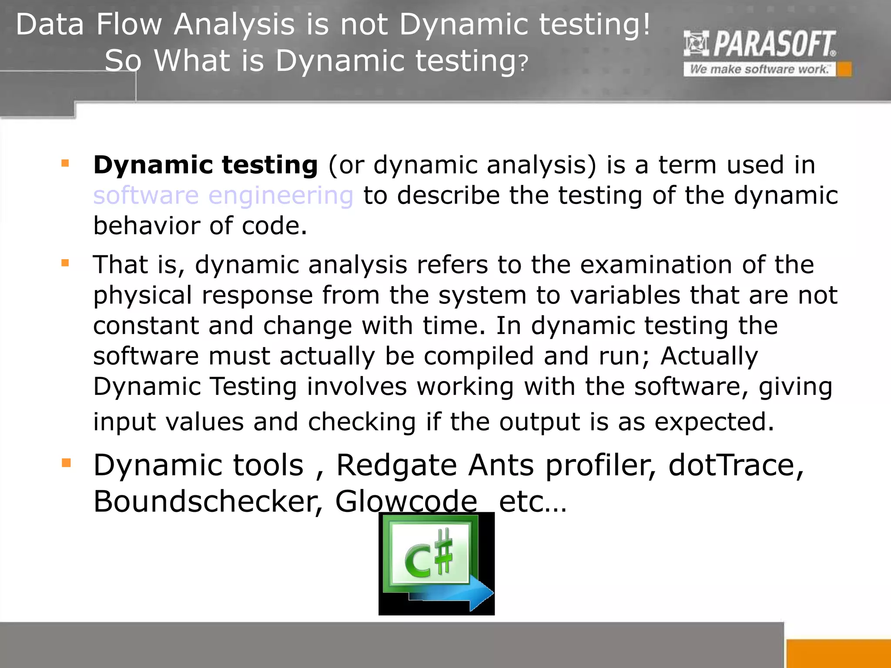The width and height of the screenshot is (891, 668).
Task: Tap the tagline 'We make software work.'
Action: point(759,70)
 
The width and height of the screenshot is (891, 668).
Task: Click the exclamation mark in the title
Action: point(646,24)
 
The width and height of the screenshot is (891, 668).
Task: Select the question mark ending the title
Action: point(523,63)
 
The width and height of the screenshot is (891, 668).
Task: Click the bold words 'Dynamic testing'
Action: point(205,165)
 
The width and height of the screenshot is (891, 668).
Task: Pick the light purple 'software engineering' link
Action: point(223,196)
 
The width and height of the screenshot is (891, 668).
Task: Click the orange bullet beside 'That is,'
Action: point(66,263)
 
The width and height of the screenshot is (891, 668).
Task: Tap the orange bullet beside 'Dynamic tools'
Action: point(66,463)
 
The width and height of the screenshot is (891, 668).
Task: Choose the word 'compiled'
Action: point(479,356)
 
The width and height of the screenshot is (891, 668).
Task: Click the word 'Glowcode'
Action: point(406,502)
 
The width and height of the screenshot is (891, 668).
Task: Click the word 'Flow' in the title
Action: point(129,24)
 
